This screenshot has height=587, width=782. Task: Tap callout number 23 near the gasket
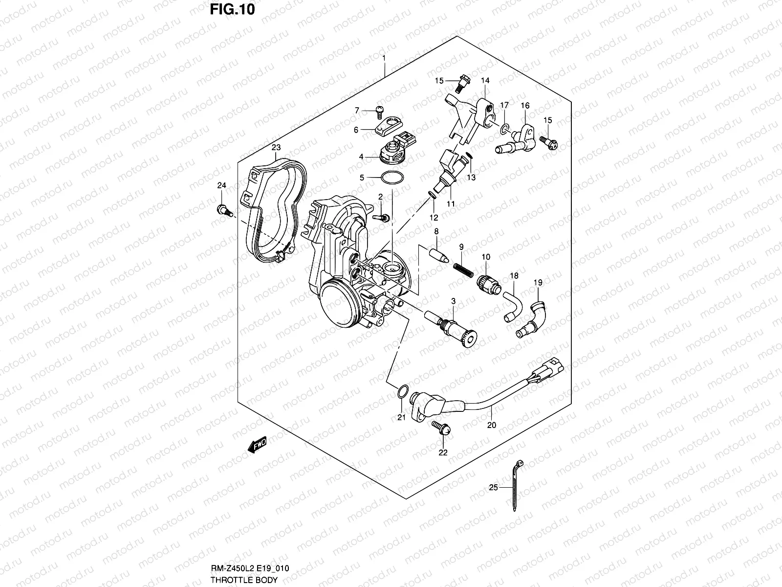pyautogui.click(x=276, y=147)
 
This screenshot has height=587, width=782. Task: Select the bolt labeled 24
pyautogui.click(x=222, y=211)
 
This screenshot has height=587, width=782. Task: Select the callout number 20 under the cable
pyautogui.click(x=491, y=425)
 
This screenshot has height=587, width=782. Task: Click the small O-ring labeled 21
pyautogui.click(x=401, y=391)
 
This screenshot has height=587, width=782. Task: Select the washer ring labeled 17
pyautogui.click(x=504, y=129)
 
